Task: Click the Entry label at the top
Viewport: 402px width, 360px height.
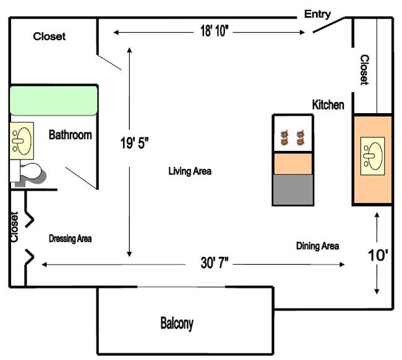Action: pos(317,14)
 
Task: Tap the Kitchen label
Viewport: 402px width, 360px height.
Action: pos(328,105)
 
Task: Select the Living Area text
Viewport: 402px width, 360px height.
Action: pos(190,171)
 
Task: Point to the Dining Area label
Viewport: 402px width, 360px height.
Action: pos(317,246)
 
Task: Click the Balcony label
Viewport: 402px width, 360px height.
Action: pos(177,323)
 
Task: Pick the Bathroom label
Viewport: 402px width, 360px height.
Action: pos(71,134)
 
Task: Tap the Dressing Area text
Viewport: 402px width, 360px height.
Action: pos(71,238)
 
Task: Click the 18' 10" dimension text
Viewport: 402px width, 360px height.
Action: pos(215,32)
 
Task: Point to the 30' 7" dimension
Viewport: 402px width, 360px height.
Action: pos(215,264)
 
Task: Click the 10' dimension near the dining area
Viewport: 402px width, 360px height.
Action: pos(377,255)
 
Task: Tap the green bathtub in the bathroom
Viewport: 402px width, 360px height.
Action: pos(54,100)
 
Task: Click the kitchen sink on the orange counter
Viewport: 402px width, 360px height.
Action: pos(372,155)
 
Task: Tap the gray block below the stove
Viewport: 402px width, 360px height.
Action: pos(293,190)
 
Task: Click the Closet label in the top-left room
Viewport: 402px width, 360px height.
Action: pos(49,36)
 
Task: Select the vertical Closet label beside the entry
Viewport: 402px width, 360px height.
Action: pos(365,69)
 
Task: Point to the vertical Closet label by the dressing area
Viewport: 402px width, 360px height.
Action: pos(14,227)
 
